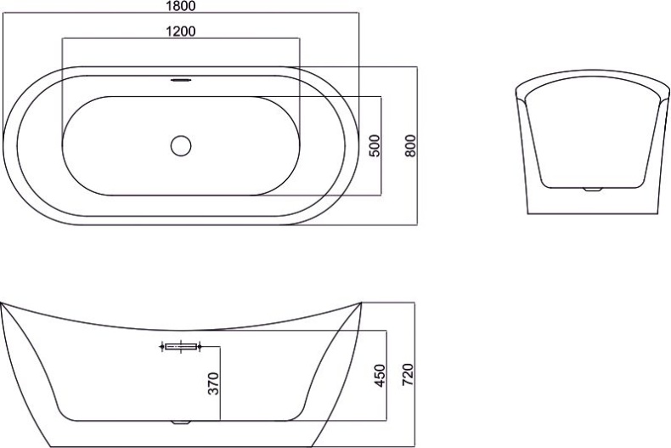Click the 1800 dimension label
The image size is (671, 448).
[181, 6]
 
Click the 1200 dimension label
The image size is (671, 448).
[181, 31]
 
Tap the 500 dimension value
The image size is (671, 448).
[374, 145]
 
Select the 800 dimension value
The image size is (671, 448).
[410, 145]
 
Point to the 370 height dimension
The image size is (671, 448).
[213, 383]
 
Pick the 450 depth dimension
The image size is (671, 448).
[380, 376]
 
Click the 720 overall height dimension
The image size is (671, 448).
[408, 374]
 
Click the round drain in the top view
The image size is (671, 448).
[181, 145]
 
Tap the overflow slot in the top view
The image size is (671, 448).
[181, 80]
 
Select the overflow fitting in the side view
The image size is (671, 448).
[181, 346]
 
